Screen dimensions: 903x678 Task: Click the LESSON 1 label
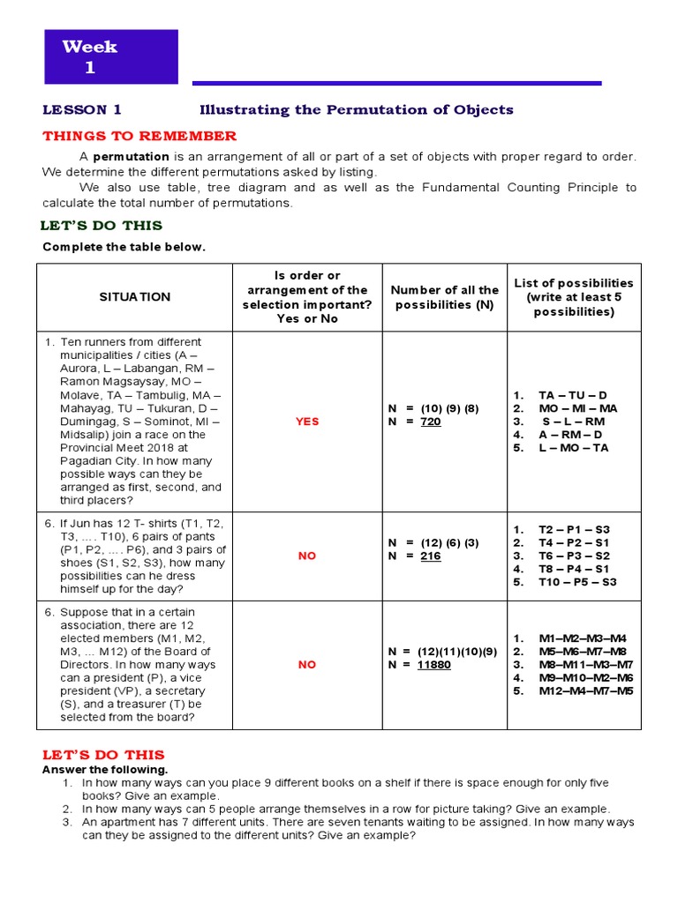point(82,110)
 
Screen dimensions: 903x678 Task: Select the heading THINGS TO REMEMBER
point(139,136)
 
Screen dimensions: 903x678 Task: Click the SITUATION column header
point(134,297)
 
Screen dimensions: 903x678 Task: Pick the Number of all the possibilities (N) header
point(444,297)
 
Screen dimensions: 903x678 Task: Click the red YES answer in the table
point(306,422)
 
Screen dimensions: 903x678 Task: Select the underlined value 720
point(430,422)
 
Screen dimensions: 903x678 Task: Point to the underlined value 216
point(430,556)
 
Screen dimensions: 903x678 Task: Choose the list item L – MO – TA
point(574,447)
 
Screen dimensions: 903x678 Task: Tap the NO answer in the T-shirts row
point(306,556)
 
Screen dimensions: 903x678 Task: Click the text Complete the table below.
point(124,247)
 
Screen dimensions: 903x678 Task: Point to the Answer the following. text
point(105,770)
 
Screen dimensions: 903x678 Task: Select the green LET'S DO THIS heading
point(102,227)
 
